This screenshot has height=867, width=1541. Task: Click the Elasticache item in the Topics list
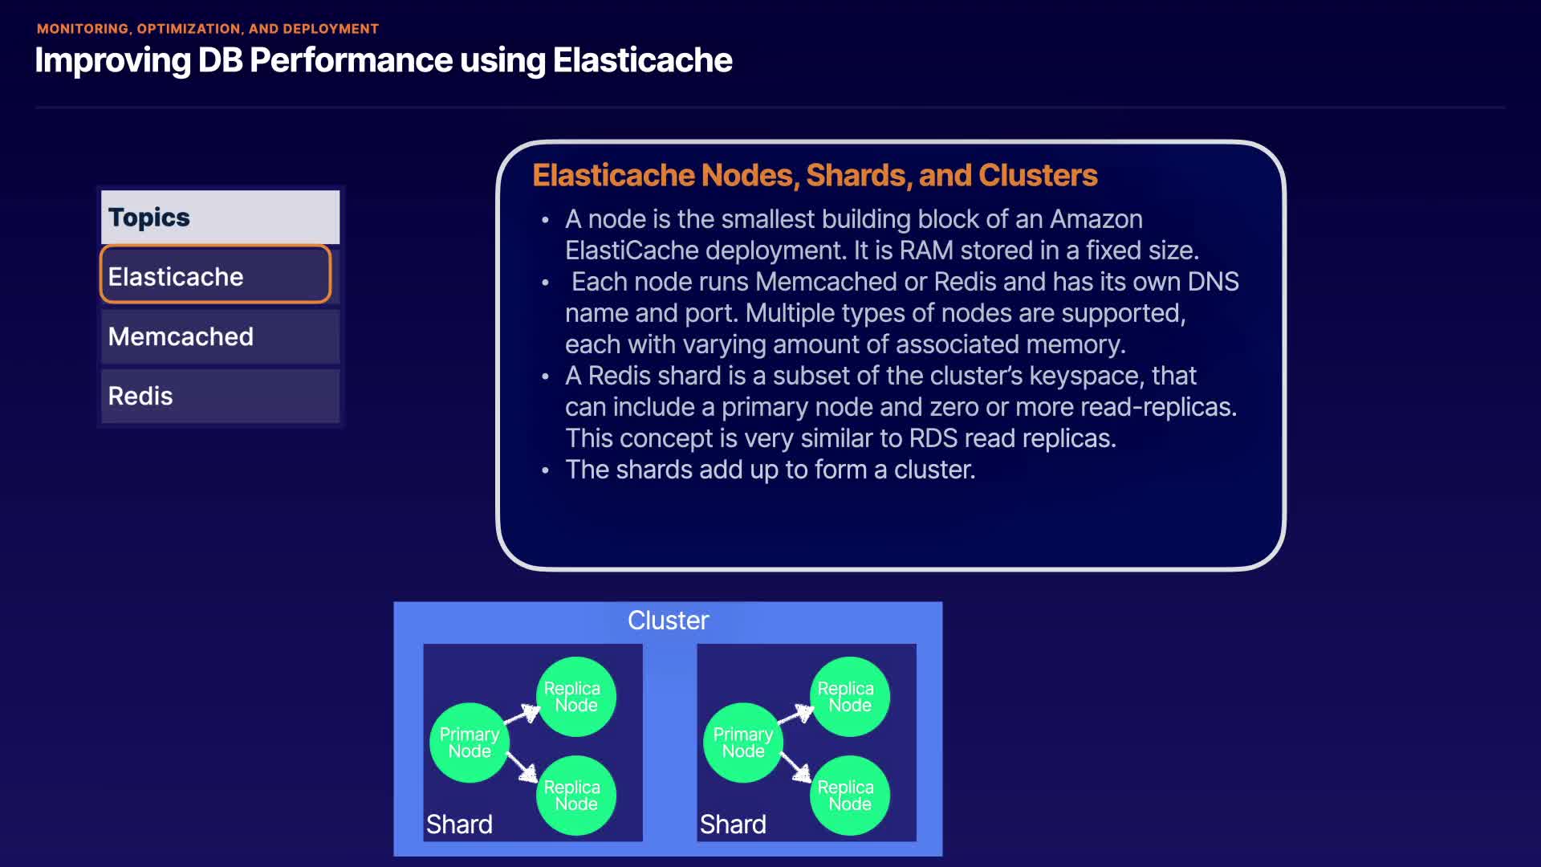pos(215,275)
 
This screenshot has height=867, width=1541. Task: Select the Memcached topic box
pos(220,336)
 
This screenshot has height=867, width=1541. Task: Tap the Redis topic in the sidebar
pos(220,396)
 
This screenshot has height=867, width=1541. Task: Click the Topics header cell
pos(220,217)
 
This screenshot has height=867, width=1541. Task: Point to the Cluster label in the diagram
pos(668,621)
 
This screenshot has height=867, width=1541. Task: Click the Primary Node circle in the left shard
pos(470,743)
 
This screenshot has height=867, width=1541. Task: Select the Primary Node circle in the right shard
pos(743,743)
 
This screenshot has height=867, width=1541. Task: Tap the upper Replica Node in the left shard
pos(576,696)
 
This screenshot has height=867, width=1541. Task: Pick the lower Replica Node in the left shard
pos(576,796)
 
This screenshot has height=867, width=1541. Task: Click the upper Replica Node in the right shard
pos(850,696)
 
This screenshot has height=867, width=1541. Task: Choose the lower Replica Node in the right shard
pos(850,796)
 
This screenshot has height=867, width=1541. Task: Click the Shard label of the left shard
pos(459,824)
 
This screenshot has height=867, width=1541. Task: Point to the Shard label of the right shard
pos(733,824)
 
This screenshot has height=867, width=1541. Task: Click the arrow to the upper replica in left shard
pos(522,714)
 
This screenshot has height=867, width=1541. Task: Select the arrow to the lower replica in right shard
pos(795,767)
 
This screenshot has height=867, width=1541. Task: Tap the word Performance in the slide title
pos(352,60)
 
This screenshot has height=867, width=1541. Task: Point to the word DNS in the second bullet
pos(1214,282)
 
